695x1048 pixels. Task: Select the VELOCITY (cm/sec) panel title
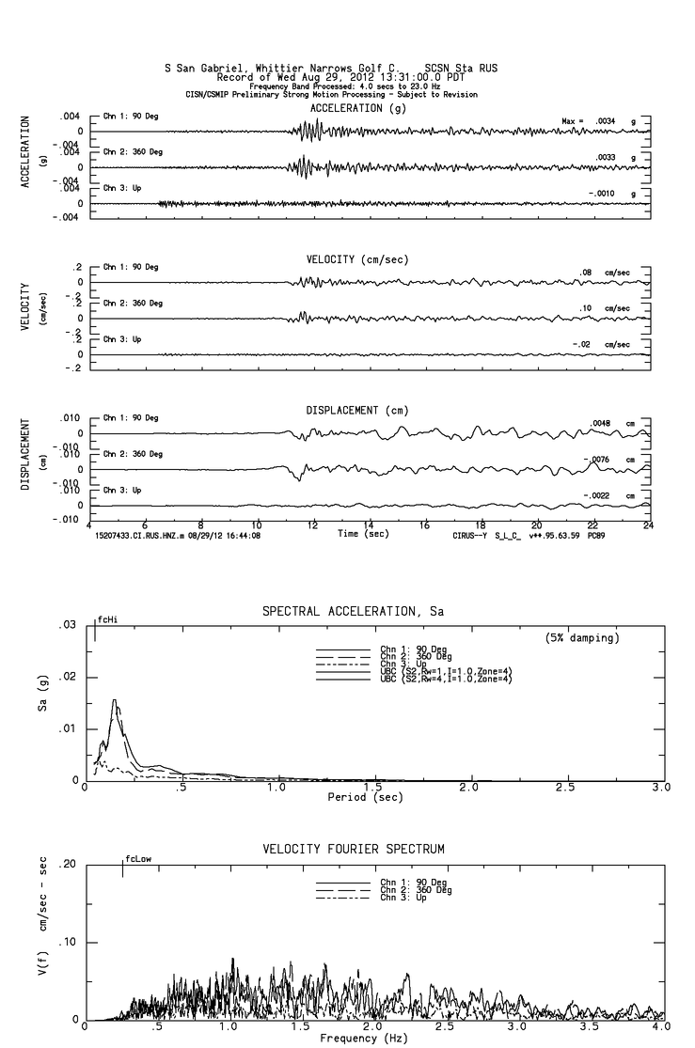coord(356,259)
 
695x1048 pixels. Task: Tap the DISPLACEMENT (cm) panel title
coord(356,411)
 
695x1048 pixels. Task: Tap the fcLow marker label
coord(138,859)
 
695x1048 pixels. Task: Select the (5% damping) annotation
coord(582,638)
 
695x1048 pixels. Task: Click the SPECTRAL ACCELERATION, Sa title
coord(353,612)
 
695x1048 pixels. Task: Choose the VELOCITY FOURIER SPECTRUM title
coord(353,850)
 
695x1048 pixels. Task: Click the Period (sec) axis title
coord(367,797)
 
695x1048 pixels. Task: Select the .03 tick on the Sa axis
coord(68,625)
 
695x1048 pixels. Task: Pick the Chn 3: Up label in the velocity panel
coord(122,338)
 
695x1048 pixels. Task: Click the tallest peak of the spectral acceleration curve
coord(115,699)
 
